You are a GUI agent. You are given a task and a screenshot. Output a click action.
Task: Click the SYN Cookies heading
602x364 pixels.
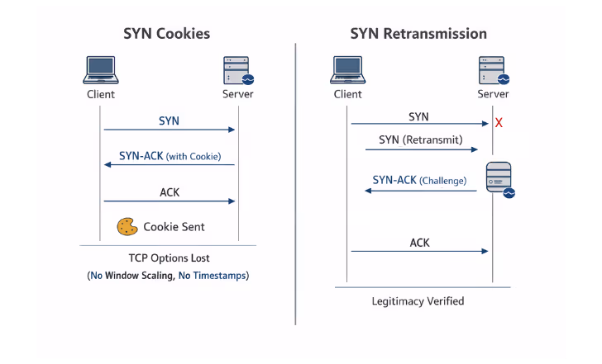tap(167, 34)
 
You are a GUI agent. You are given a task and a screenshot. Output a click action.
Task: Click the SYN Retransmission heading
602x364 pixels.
tap(418, 34)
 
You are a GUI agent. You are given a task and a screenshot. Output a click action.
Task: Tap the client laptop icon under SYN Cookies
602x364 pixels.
tap(101, 71)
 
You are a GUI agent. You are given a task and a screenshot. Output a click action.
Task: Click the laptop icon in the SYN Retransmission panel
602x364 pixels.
tap(348, 71)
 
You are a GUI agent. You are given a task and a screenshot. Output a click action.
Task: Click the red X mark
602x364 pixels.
tap(499, 123)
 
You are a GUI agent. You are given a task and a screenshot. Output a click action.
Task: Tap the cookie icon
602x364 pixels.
tap(127, 226)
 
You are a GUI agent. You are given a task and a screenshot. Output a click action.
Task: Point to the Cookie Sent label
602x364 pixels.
tap(174, 226)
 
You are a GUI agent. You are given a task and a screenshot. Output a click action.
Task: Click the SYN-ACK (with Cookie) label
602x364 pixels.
tap(170, 155)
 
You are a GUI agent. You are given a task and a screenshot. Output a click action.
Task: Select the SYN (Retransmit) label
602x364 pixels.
tap(420, 140)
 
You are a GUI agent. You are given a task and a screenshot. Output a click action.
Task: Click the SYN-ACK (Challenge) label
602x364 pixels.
tap(419, 180)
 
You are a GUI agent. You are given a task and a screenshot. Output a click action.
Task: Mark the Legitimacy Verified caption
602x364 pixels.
tap(418, 301)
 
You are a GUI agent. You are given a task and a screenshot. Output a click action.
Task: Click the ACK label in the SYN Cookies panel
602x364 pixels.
tap(170, 192)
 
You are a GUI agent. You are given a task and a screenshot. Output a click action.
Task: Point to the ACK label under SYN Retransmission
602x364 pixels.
tap(420, 243)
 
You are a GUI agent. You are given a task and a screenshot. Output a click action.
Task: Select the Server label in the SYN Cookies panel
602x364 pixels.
tap(238, 94)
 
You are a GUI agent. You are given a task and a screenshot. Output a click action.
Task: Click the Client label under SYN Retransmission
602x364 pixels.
tap(348, 94)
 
